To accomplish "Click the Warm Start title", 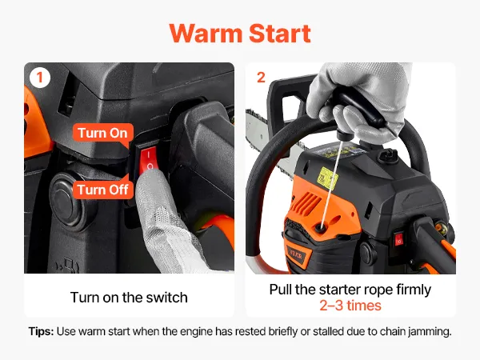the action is [240, 33].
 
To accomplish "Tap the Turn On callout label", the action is [103, 133].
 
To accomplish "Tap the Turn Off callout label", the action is [103, 190].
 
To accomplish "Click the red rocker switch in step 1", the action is [149, 160].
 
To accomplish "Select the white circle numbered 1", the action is [40, 78].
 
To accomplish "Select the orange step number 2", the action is [261, 78].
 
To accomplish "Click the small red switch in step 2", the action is [398, 239].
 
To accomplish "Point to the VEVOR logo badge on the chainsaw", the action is [296, 254].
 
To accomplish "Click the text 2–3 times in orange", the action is [350, 306].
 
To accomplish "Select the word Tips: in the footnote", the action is [41, 331].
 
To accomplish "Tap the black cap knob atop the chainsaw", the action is [387, 155].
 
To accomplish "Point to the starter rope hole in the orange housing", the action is [320, 227].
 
